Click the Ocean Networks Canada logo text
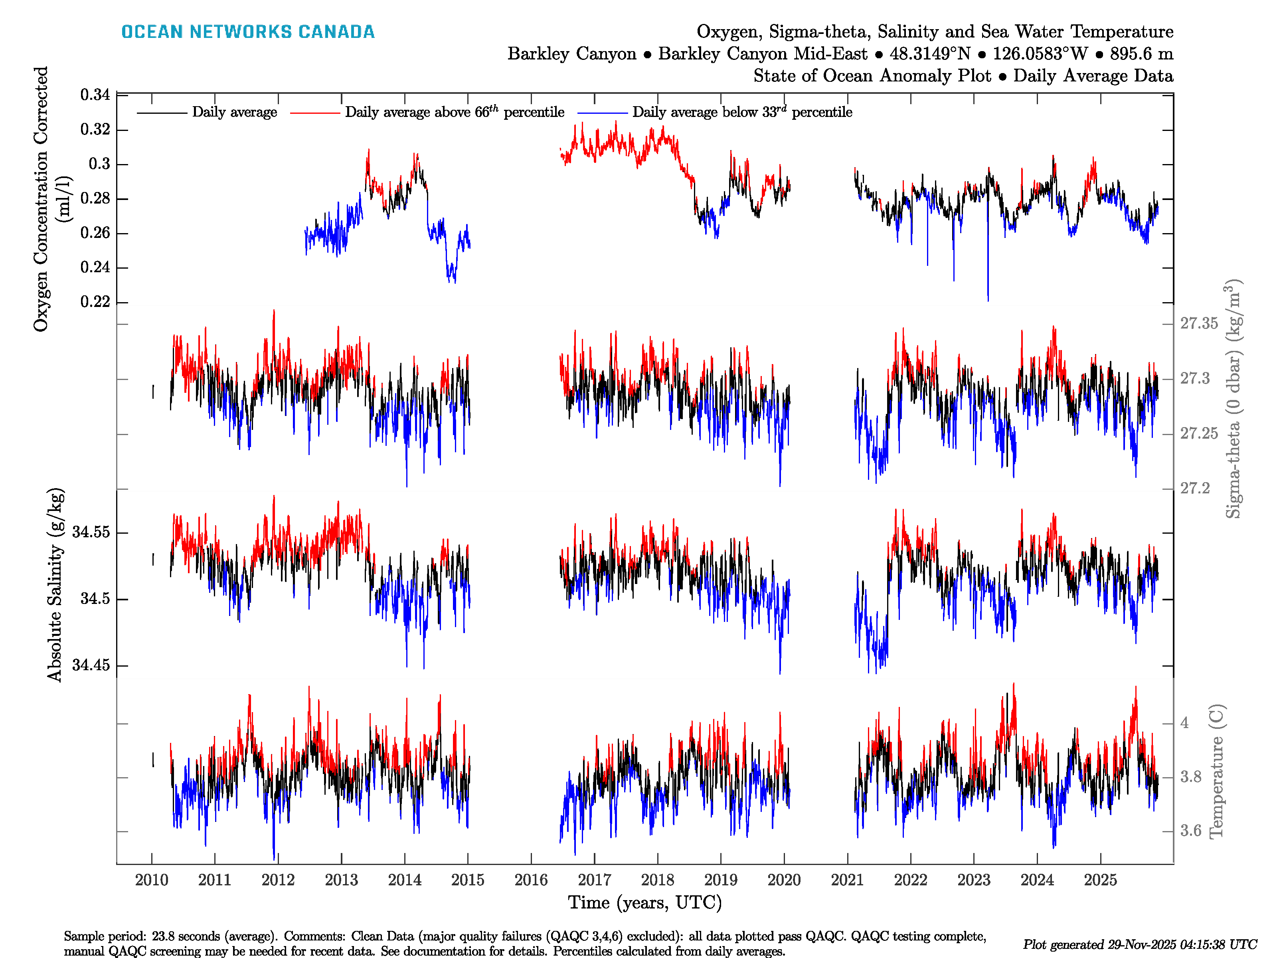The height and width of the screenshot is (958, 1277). (x=248, y=32)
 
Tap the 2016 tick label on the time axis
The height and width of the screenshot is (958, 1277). (x=530, y=880)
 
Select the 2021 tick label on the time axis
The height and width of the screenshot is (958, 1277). (x=847, y=880)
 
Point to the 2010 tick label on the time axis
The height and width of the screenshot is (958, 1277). (x=151, y=880)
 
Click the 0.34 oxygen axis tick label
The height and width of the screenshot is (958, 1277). (x=95, y=95)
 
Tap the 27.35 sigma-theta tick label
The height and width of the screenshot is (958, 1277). (x=1198, y=323)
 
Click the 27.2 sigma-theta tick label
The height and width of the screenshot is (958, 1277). (x=1194, y=489)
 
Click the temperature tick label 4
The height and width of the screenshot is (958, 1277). (x=1184, y=723)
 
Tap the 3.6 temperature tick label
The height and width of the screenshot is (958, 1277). (x=1190, y=831)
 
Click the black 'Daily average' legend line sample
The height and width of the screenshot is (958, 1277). (x=162, y=113)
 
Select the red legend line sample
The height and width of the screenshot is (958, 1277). (x=314, y=113)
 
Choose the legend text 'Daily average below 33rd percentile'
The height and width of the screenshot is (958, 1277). (x=742, y=112)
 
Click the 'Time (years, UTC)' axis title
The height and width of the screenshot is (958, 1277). (x=645, y=903)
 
